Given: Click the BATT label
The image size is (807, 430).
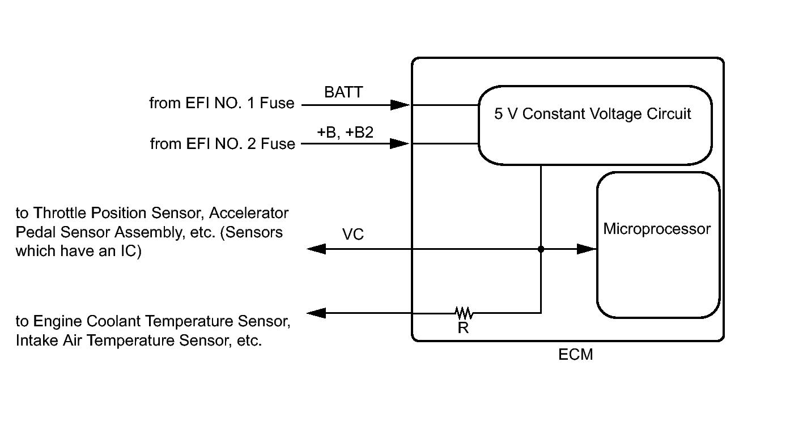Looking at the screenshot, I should click(x=343, y=92).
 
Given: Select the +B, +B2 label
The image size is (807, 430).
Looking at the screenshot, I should click(x=345, y=132).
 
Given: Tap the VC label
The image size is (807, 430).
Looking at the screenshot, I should click(x=353, y=234).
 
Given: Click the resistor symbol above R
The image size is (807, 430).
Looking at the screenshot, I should click(x=464, y=312).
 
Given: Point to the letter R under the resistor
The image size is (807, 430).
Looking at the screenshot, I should click(x=463, y=327).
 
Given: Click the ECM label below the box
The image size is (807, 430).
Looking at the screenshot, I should click(x=575, y=355).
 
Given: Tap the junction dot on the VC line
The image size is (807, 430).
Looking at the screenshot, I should click(x=541, y=249).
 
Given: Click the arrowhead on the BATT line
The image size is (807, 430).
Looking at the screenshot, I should click(x=400, y=105).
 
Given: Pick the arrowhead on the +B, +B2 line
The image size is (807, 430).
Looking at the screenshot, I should click(x=400, y=144).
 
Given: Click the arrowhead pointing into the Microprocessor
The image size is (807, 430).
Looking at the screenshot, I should click(x=586, y=249).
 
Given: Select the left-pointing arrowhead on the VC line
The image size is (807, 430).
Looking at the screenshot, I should click(x=316, y=249).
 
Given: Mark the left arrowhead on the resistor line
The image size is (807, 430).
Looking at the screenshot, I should click(x=316, y=312).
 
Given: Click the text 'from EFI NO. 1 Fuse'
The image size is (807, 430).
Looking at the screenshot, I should click(x=222, y=103).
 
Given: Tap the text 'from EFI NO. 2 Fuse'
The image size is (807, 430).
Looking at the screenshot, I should click(x=222, y=144).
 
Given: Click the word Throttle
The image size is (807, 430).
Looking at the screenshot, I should click(x=59, y=213).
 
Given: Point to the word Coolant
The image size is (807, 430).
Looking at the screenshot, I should click(x=113, y=321).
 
